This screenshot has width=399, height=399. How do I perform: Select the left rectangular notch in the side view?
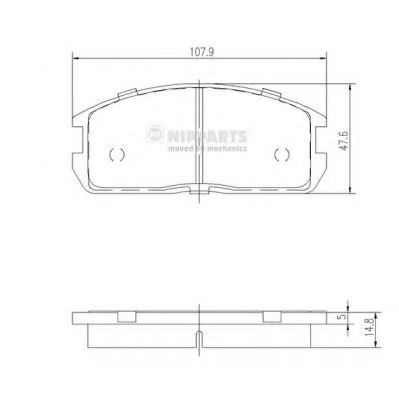pos(127,318)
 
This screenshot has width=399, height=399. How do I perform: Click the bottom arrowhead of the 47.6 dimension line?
pos(348,191)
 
